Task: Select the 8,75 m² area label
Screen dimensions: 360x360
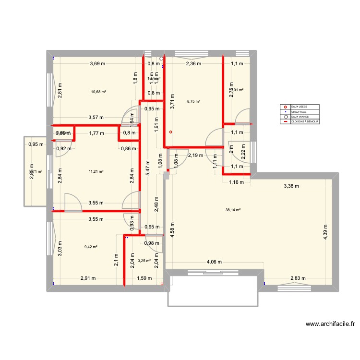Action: click(x=193, y=101)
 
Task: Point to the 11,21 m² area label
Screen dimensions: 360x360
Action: click(x=96, y=171)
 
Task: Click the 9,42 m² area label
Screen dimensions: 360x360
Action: click(x=91, y=247)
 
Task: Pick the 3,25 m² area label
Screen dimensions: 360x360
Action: click(x=144, y=261)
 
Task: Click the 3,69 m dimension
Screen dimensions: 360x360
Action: click(x=97, y=64)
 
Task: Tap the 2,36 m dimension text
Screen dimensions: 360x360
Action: click(x=193, y=64)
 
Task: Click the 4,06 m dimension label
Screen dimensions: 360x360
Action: click(x=214, y=262)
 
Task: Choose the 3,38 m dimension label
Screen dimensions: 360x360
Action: click(x=291, y=186)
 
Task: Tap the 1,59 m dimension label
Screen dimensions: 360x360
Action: click(x=144, y=278)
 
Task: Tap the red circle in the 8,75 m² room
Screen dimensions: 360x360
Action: click(x=170, y=132)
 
